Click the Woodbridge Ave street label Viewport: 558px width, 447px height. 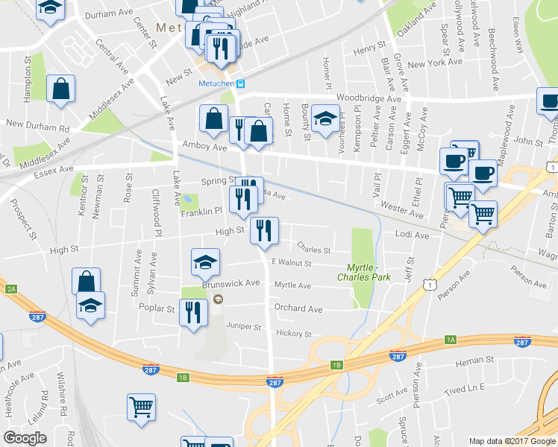click(x=369, y=98)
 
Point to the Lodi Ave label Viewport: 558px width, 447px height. click(x=412, y=235)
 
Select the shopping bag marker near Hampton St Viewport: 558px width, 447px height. click(x=61, y=89)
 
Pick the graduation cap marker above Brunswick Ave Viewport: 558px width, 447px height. click(x=205, y=261)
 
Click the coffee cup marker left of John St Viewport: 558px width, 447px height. click(x=482, y=174)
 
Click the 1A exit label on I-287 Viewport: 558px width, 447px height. click(x=450, y=340)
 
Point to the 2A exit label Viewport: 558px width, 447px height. click(x=10, y=289)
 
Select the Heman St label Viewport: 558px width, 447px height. click(x=469, y=361)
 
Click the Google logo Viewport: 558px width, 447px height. click(x=25, y=438)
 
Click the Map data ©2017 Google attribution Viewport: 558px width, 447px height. click(x=512, y=441)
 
